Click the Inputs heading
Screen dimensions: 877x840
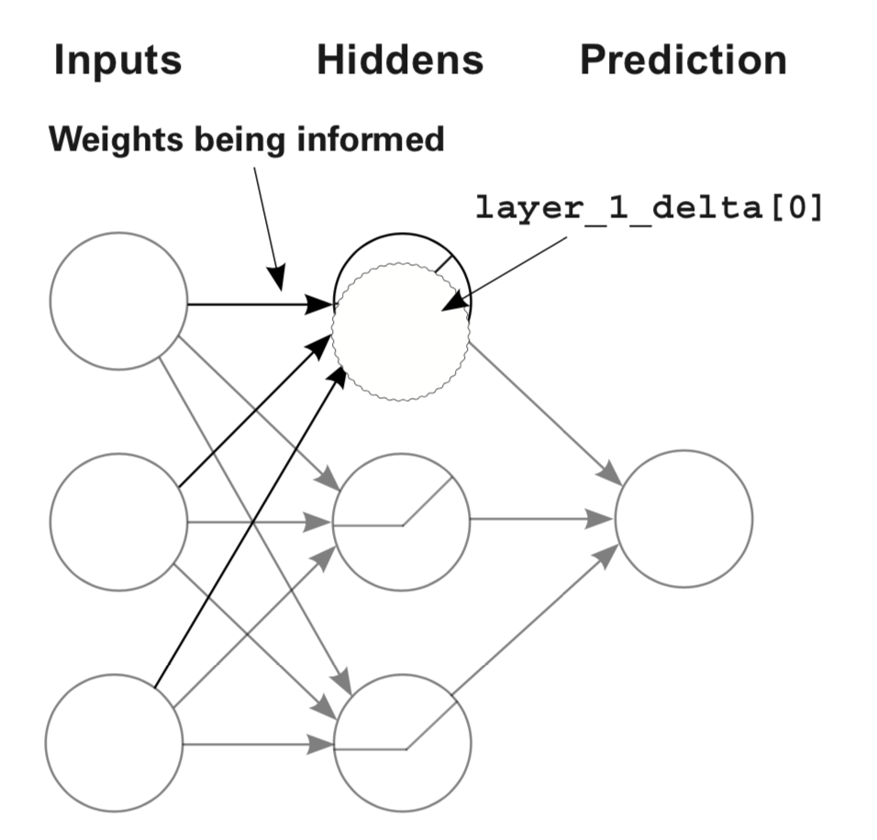click(118, 61)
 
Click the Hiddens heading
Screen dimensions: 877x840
click(400, 60)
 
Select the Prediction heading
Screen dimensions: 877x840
click(683, 60)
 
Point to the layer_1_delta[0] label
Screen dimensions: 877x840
click(649, 207)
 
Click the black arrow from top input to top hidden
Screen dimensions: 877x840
click(261, 304)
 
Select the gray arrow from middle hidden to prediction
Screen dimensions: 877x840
click(542, 519)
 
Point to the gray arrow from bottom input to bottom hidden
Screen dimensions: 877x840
click(258, 745)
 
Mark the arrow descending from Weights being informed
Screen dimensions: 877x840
click(269, 229)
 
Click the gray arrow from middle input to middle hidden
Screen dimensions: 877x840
click(261, 523)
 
